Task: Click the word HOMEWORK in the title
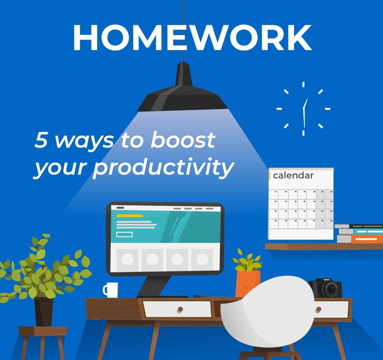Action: pos(192,38)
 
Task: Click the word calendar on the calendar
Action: pos(293,176)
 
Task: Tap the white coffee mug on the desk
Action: pos(111,290)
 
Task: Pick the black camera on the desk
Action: pos(325,288)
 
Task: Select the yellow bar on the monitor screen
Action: pos(130,216)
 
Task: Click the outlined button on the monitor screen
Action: pos(124,235)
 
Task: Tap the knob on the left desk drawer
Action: pos(180,309)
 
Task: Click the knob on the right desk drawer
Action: pos(318,310)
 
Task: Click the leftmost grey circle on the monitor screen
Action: pos(127,259)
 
